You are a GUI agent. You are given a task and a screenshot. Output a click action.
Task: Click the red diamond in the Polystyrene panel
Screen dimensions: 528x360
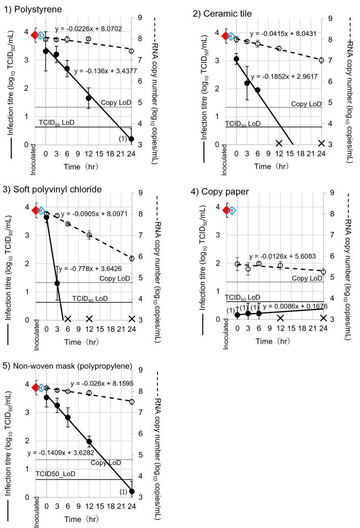(35, 35)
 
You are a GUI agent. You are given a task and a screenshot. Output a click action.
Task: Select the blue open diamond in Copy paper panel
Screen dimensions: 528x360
(232, 210)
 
